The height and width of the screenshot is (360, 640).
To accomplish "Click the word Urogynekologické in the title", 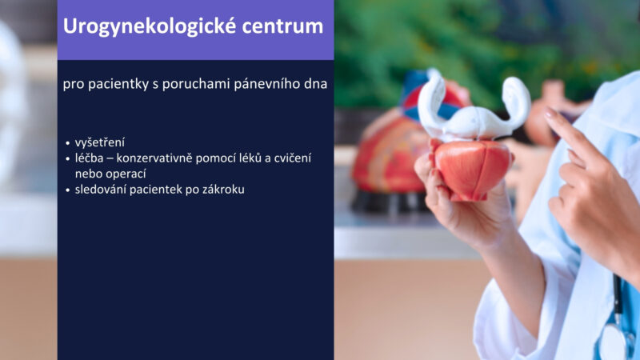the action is click(150, 26).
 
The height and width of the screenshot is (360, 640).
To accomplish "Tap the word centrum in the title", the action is click(282, 26).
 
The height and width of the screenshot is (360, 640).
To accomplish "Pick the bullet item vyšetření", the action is click(100, 143).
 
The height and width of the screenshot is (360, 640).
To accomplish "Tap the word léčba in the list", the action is click(90, 158).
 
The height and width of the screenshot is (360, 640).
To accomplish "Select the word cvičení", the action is click(293, 158).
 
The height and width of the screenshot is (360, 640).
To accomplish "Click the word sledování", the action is click(101, 190).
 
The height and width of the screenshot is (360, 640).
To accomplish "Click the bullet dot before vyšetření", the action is click(68, 143).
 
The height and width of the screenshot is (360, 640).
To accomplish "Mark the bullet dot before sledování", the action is click(68, 190).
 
